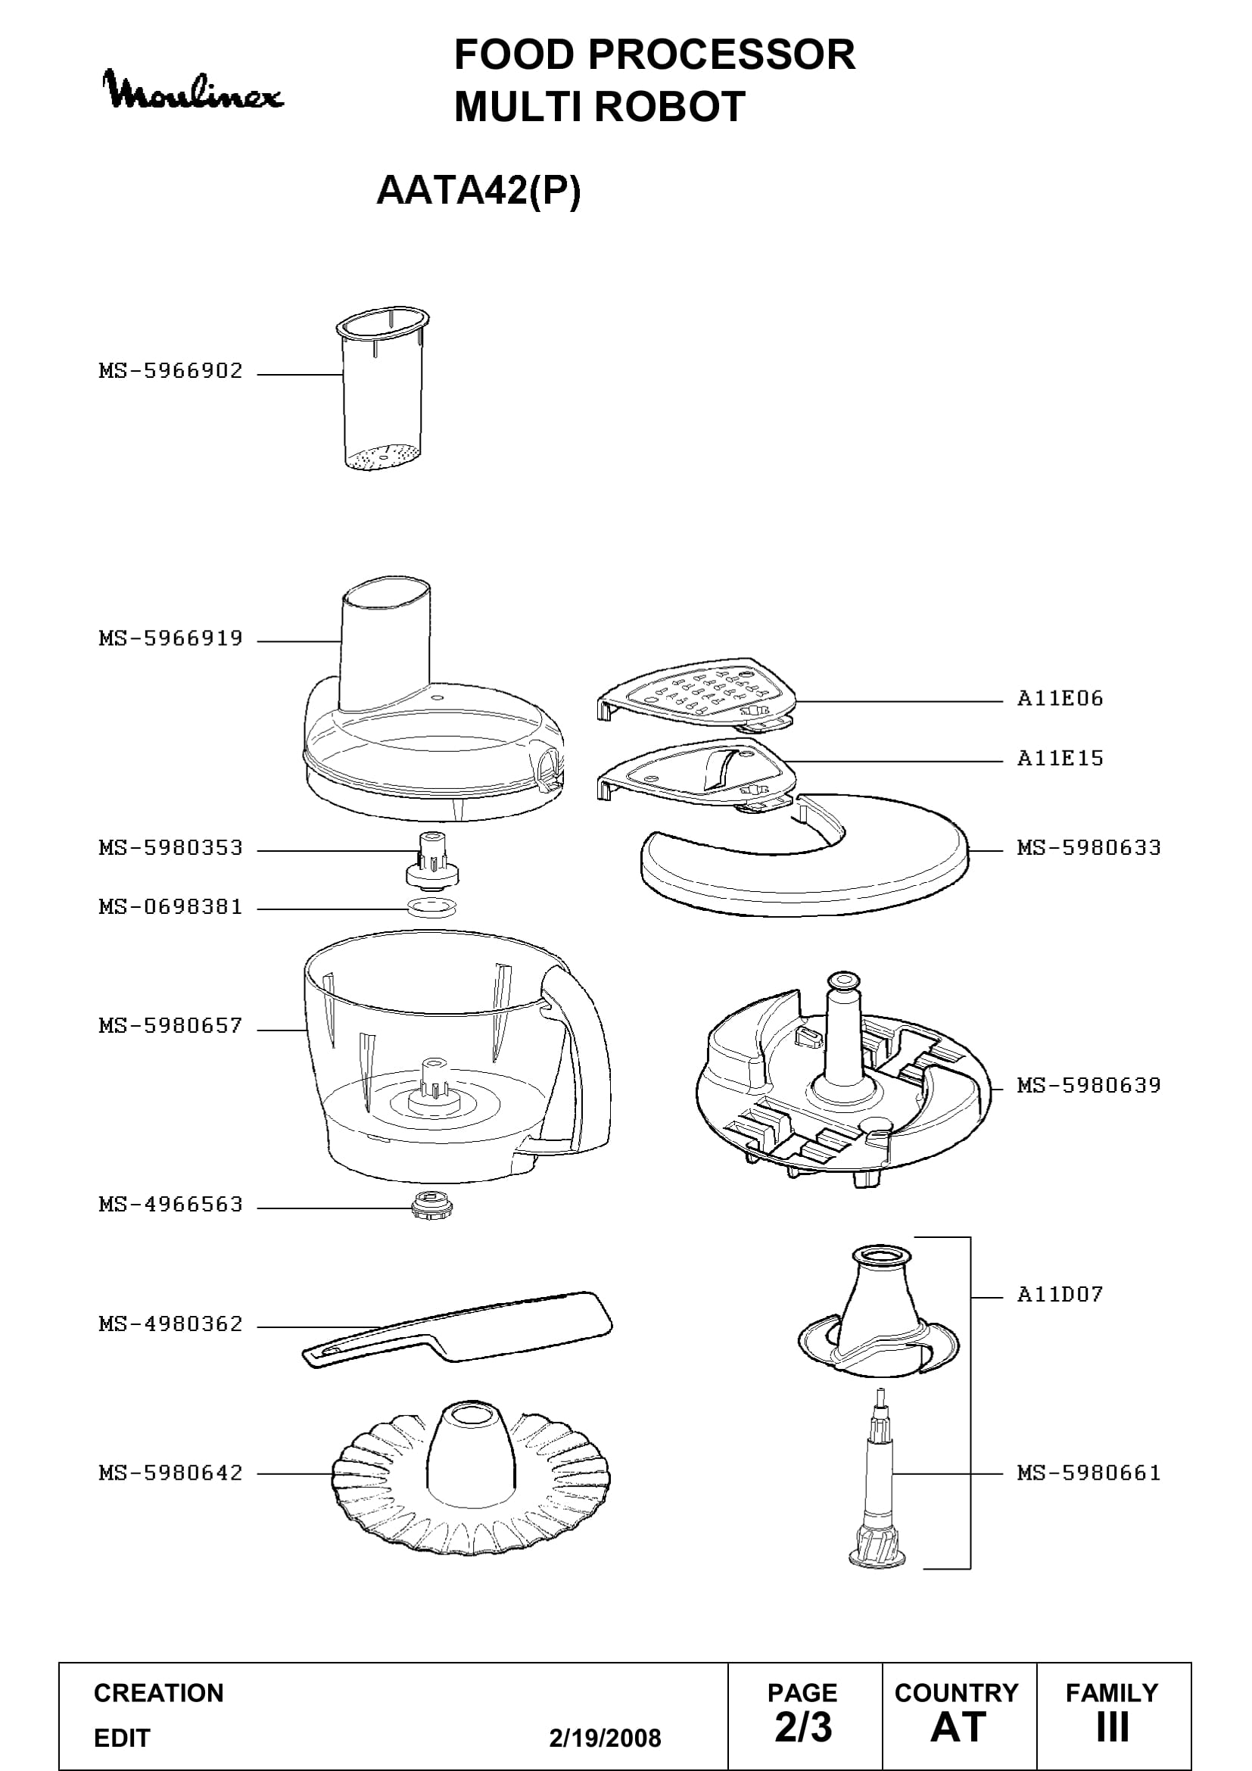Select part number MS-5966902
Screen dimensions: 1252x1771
click(x=170, y=371)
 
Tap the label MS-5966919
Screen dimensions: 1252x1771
click(x=170, y=639)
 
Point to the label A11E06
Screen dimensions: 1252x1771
click(x=1060, y=699)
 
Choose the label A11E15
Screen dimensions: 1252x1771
click(x=1060, y=759)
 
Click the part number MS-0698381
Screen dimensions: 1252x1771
click(x=170, y=907)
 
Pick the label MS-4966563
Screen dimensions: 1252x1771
click(x=170, y=1205)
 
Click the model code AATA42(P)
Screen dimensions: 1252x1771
click(x=478, y=191)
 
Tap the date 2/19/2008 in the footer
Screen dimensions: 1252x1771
click(x=606, y=1738)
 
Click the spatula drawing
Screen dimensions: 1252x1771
click(x=457, y=1329)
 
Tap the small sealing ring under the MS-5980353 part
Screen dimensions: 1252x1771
click(x=432, y=908)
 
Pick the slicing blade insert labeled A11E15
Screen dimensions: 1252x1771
click(x=696, y=775)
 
